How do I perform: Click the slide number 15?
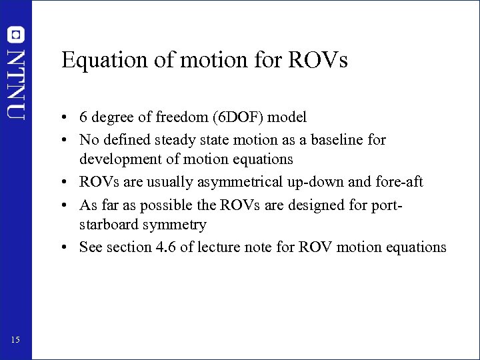coord(16,341)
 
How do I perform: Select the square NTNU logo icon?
coord(16,35)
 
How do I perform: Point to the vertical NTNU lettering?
coord(16,83)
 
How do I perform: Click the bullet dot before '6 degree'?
coord(69,118)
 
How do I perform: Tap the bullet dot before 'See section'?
coord(69,247)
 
